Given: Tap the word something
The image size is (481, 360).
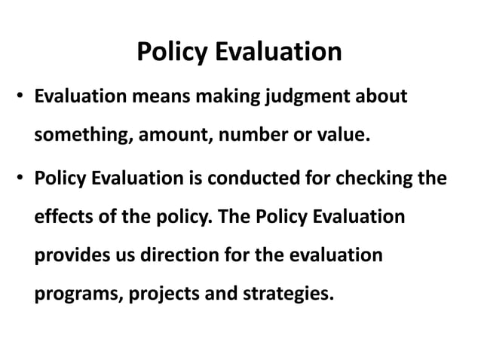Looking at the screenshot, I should tap(78, 137).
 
